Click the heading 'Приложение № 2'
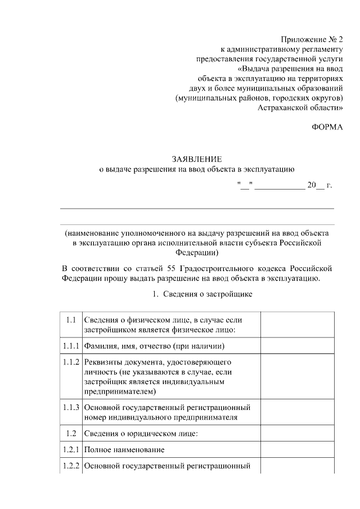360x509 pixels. click(312, 39)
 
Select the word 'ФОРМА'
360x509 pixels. click(327, 127)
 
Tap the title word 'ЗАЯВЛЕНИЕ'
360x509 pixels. click(196, 159)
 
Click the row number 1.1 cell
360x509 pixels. click(71, 320)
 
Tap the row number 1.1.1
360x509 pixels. click(71, 345)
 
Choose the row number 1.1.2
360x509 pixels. click(71, 362)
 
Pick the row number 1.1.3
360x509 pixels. click(71, 407)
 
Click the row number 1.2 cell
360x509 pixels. click(71, 433)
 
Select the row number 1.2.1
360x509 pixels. click(71, 450)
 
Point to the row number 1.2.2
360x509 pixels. click(71, 466)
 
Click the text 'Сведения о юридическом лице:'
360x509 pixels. click(141, 433)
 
